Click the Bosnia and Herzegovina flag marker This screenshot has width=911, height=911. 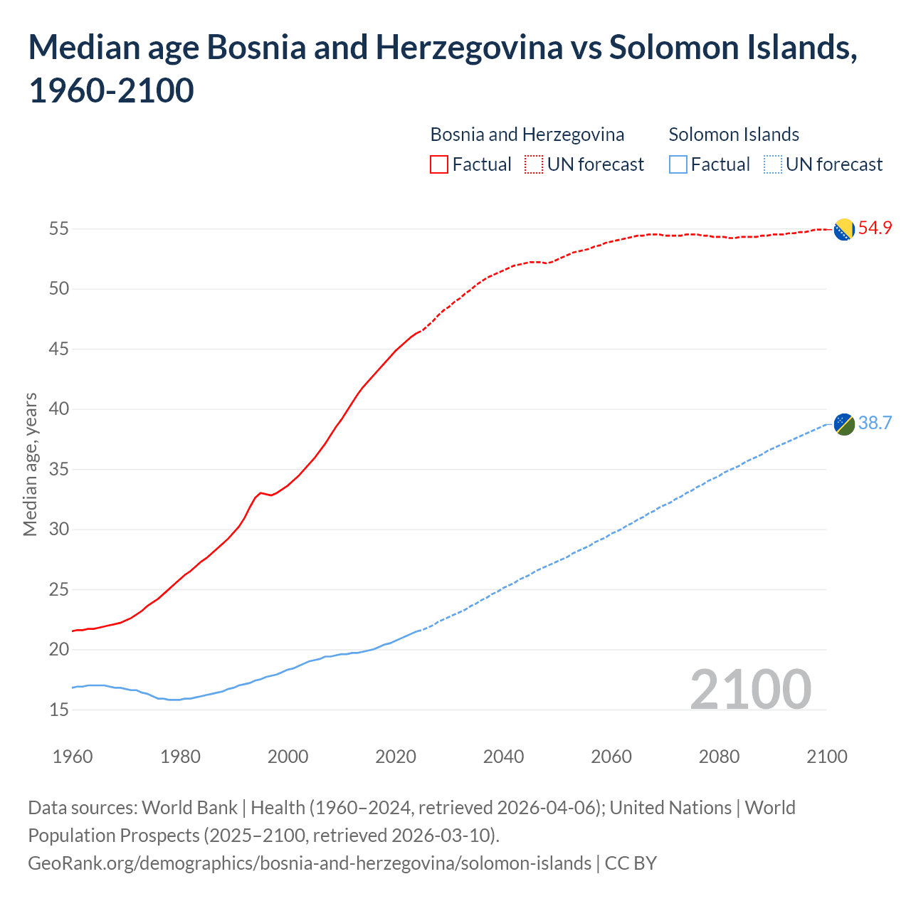[x=844, y=229]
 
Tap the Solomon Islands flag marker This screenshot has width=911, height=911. [x=844, y=423]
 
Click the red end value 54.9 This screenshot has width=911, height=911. [x=875, y=228]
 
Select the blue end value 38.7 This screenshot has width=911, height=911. [x=875, y=423]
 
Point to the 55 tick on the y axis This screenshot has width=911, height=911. [x=58, y=229]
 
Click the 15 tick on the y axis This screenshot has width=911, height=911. [x=58, y=710]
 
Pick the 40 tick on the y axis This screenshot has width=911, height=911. [x=58, y=409]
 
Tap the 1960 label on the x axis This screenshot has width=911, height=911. [x=73, y=757]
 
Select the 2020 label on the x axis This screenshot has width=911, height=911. [x=396, y=757]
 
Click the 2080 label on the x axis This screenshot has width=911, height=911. [x=719, y=757]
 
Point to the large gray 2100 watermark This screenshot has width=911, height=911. [x=750, y=689]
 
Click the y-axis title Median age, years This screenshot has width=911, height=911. [x=30, y=464]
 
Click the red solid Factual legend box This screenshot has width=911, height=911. [x=439, y=165]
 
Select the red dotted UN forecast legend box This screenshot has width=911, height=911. [x=534, y=165]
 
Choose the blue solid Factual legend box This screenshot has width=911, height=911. [x=678, y=165]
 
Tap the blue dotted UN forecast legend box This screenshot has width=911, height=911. [x=772, y=165]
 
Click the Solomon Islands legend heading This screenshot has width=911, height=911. [x=734, y=135]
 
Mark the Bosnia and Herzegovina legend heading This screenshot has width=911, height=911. [x=527, y=135]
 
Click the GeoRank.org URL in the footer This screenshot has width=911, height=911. [x=310, y=863]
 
